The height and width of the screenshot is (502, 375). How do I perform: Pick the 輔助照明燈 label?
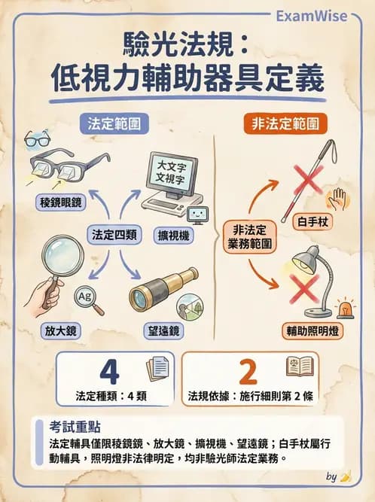click(311, 330)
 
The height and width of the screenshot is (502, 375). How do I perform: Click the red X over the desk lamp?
click(306, 289)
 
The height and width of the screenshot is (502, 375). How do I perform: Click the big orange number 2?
click(251, 371)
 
